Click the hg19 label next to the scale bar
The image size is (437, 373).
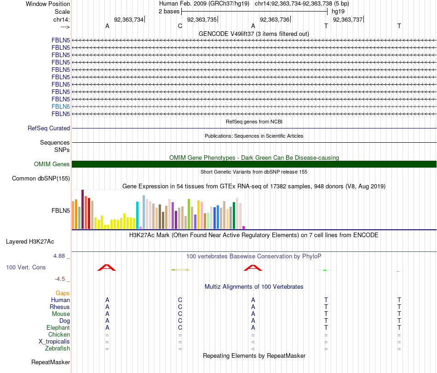click(x=338, y=11)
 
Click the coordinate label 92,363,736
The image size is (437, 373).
click(x=275, y=19)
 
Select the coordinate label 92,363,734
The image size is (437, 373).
click(x=129, y=19)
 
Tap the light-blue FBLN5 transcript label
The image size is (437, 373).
click(x=61, y=106)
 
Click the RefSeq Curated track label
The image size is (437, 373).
click(x=49, y=128)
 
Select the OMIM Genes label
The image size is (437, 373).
click(x=52, y=164)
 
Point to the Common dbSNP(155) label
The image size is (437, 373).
click(x=41, y=179)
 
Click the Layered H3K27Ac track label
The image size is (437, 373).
click(x=36, y=241)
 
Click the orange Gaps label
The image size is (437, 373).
click(x=63, y=293)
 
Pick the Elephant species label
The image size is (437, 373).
click(x=58, y=327)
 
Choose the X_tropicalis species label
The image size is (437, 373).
click(x=54, y=341)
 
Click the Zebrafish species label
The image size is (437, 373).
click(x=57, y=348)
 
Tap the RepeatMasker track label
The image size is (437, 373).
click(x=51, y=362)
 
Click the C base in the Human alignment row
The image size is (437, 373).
click(x=180, y=300)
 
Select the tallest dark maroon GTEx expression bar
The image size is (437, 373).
click(x=82, y=209)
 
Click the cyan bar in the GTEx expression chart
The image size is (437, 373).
click(x=137, y=215)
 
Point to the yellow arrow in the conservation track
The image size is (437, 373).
click(x=180, y=269)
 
